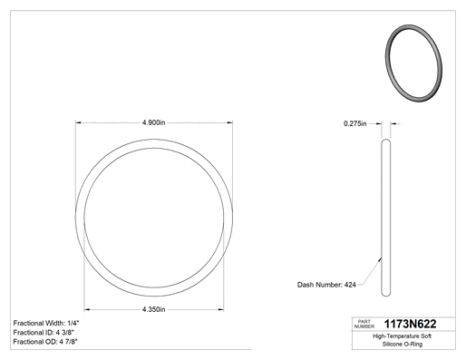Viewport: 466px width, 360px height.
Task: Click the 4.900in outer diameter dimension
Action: pos(153,122)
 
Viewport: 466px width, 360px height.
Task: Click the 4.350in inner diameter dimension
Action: pos(153,309)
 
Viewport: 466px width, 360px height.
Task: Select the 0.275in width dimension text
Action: pos(354,123)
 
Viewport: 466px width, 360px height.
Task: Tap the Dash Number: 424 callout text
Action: pos(326,285)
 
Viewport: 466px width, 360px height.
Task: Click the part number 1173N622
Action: pos(410,324)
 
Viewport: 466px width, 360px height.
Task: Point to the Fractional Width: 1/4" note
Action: pos(46,323)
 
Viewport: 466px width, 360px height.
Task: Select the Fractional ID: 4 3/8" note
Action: pos(44,332)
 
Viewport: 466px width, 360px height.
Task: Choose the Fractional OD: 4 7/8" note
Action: pos(45,342)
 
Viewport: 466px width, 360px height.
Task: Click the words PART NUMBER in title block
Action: pos(364,324)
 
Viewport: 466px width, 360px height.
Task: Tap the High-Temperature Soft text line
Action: pos(402,336)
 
